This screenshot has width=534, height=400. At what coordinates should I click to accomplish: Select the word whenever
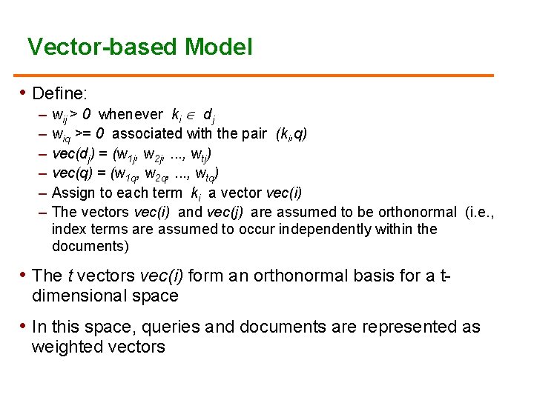tap(131, 114)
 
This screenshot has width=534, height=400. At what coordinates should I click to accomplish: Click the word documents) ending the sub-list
tap(90, 246)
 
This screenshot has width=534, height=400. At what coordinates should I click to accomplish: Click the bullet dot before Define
tap(22, 93)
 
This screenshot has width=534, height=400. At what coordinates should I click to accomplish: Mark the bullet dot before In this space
tap(22, 325)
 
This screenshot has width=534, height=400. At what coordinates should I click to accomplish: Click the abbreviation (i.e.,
tap(478, 213)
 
